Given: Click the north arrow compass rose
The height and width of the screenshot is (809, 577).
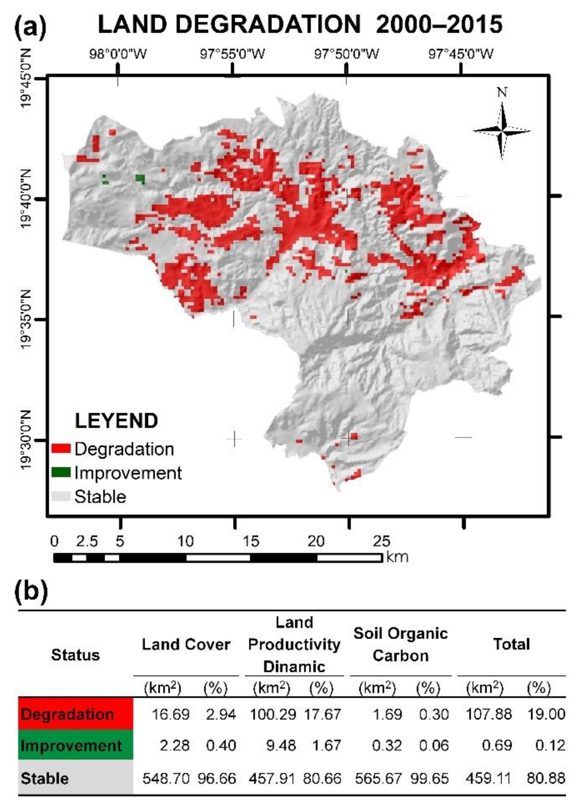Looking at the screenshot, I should tap(502, 131).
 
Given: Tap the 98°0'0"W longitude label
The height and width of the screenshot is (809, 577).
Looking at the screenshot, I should tap(118, 54).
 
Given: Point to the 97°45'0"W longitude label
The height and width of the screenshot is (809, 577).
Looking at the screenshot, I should tap(461, 54).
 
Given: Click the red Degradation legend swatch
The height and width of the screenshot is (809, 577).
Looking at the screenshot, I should tap(61, 449).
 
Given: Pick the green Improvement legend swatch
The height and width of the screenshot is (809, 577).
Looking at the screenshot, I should tap(61, 473).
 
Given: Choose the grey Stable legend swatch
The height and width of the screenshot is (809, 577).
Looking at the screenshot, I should tap(61, 496).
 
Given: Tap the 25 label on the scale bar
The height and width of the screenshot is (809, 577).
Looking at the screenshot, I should tap(381, 541).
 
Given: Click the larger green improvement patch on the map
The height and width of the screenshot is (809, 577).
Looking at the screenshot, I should tap(141, 179).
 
